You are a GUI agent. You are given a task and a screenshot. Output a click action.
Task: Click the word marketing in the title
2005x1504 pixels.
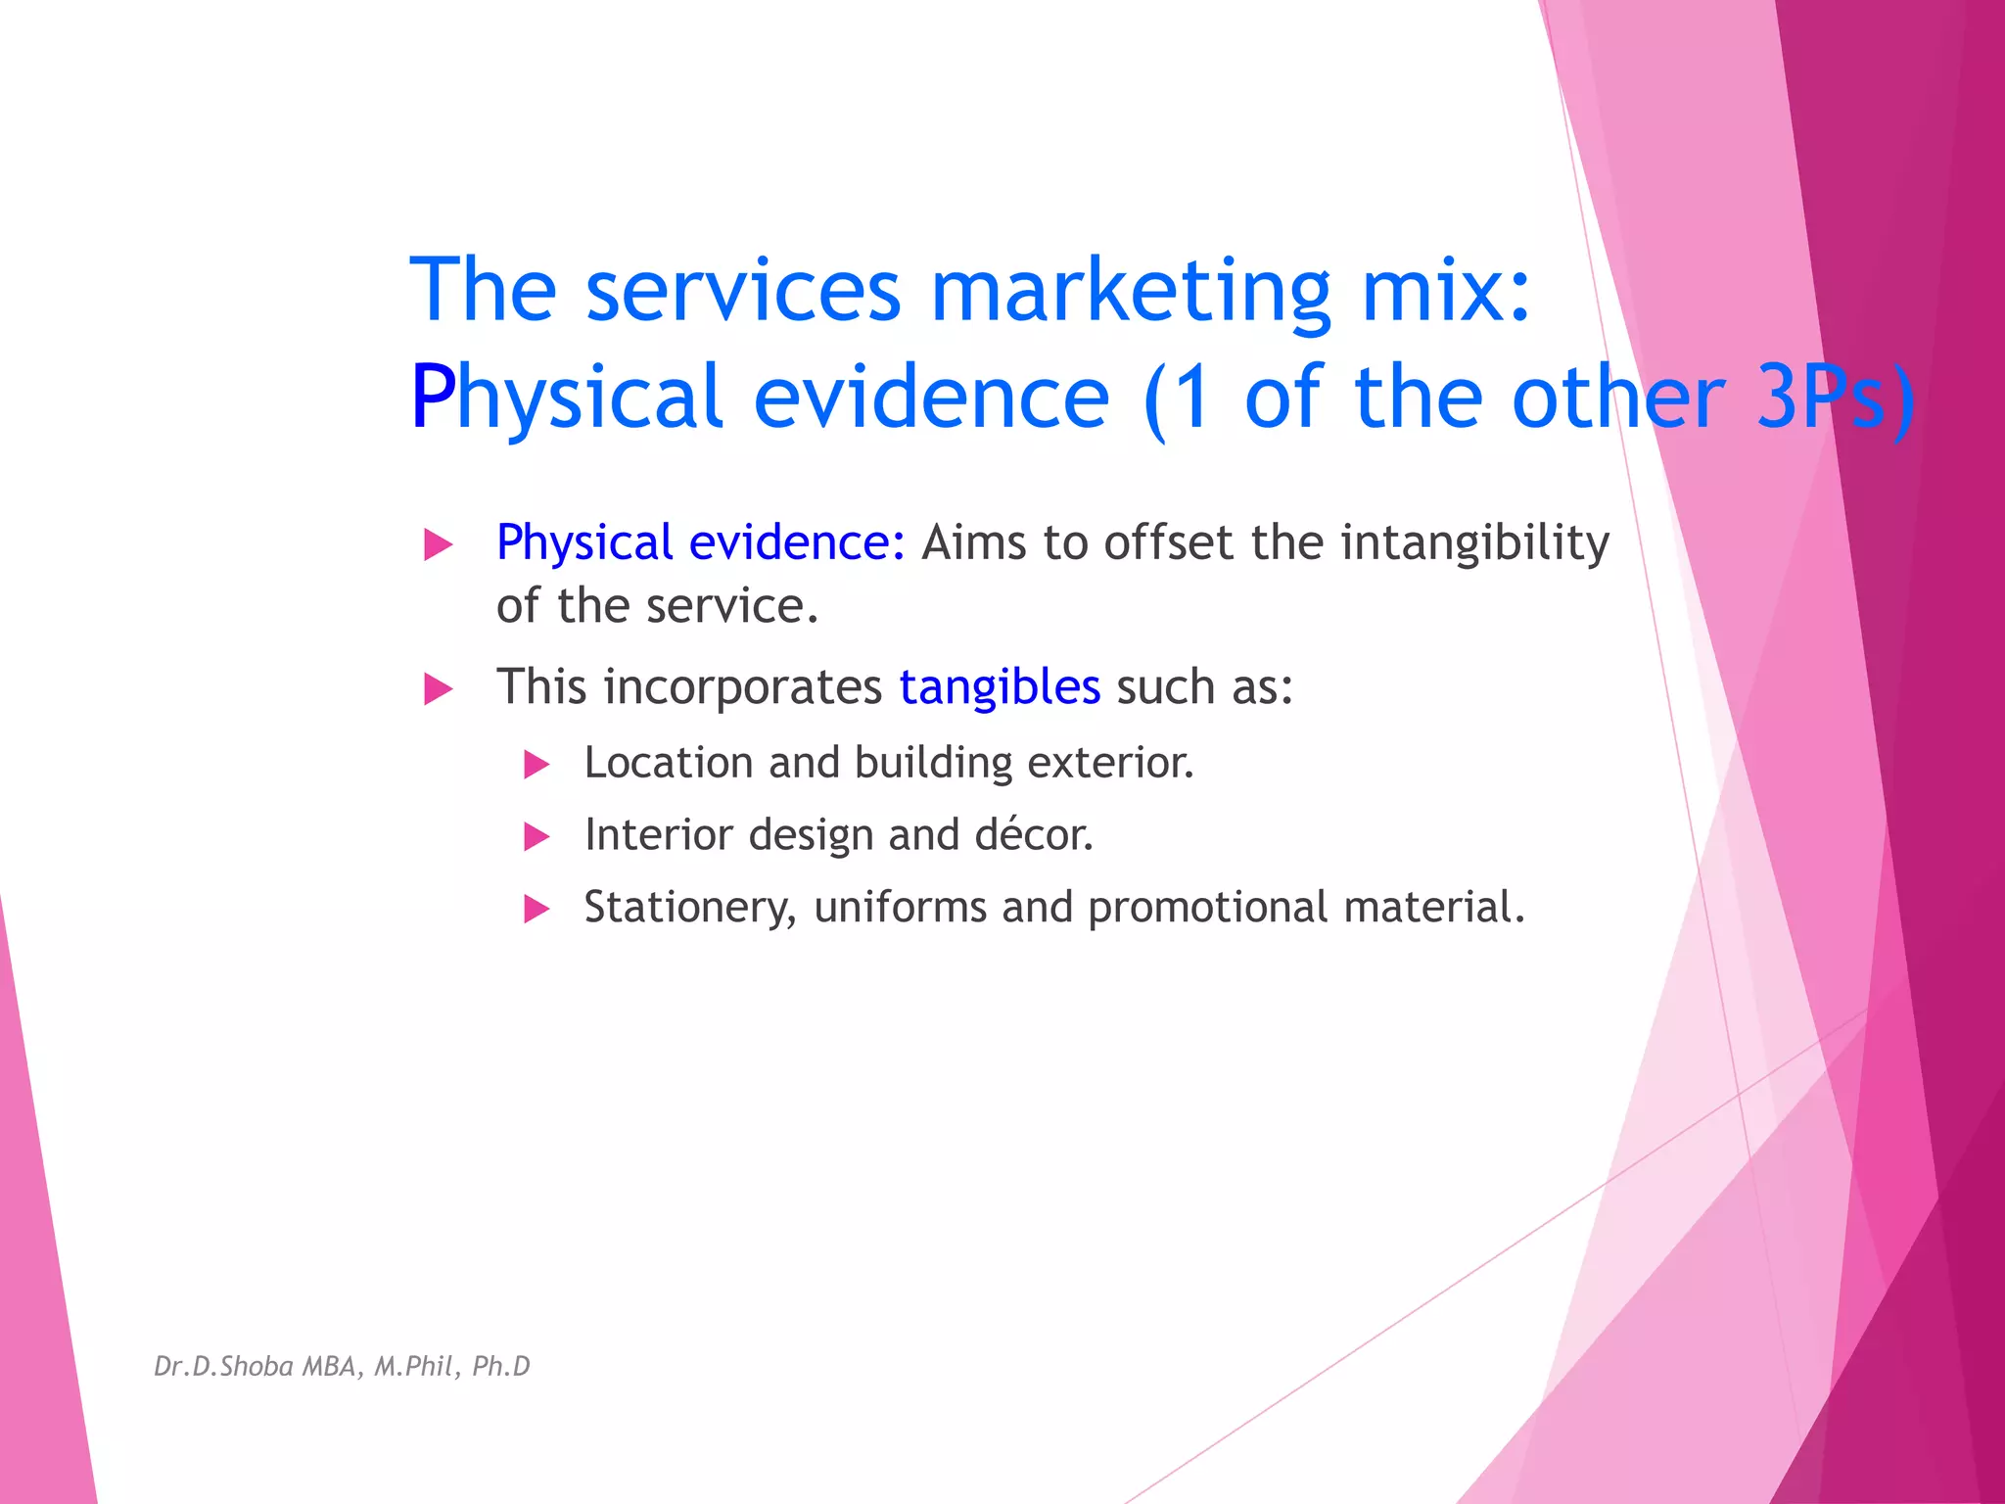(x=1130, y=290)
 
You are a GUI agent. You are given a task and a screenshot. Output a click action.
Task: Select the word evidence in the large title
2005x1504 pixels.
(x=931, y=397)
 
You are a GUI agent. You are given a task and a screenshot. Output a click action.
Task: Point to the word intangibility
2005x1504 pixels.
(x=1474, y=543)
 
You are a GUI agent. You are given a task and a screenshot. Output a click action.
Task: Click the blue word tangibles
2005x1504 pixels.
(x=1000, y=686)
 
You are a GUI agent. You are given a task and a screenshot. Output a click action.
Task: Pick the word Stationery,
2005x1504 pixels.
(x=689, y=908)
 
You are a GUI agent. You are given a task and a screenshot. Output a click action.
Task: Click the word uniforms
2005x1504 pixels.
(x=900, y=908)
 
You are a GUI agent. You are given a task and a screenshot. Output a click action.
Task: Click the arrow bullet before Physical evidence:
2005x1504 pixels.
(x=438, y=544)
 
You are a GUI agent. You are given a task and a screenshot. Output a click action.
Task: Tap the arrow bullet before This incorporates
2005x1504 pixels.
(x=438, y=688)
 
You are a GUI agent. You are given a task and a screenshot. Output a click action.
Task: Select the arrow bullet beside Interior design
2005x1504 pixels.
(x=536, y=837)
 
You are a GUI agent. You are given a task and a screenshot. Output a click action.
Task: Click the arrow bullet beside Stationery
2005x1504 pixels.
(x=536, y=910)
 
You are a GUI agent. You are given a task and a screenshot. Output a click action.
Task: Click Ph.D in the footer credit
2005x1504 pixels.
(x=500, y=1366)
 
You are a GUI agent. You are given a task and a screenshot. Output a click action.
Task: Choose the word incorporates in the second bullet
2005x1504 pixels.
(x=743, y=686)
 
